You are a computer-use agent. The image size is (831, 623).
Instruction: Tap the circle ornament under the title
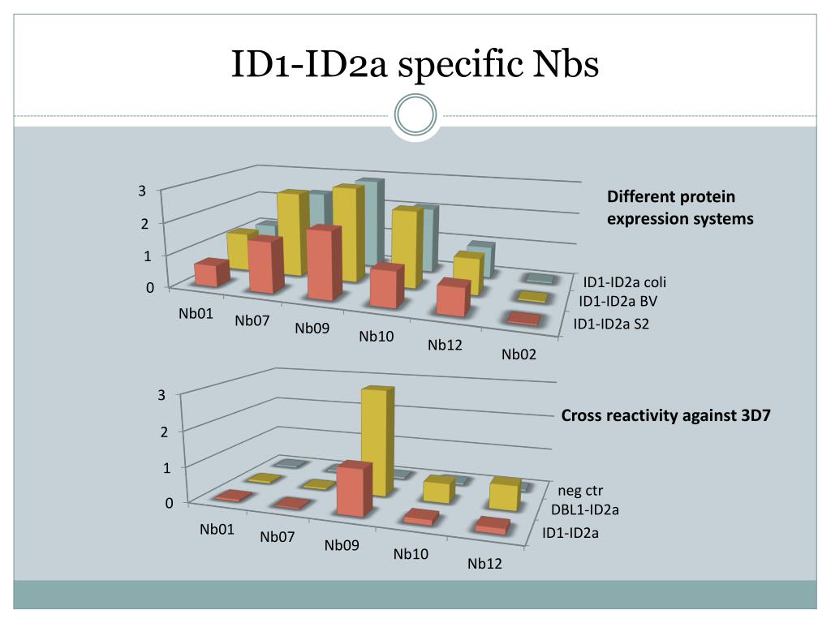(x=415, y=115)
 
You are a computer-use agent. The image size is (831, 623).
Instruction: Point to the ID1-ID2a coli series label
(x=624, y=282)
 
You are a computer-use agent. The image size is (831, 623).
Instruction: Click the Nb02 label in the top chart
(x=519, y=354)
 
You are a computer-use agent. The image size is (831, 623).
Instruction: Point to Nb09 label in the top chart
(x=312, y=329)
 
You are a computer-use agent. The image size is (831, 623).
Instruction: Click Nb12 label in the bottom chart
(x=484, y=564)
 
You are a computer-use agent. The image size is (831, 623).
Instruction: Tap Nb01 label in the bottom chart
(x=217, y=530)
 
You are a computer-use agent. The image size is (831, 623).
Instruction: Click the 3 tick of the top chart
(x=141, y=191)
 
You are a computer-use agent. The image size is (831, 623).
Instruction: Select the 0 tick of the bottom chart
(x=169, y=503)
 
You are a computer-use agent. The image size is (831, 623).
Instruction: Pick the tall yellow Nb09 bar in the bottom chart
(x=377, y=442)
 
